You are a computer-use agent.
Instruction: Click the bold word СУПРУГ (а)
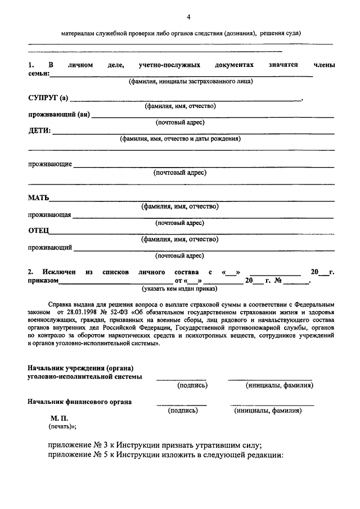pos(48,98)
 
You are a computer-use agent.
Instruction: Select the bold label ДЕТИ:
pos(39,131)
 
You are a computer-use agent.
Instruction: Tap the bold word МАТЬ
pos(39,198)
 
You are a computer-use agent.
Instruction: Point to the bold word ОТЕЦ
pos(39,231)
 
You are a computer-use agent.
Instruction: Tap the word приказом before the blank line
pos(43,280)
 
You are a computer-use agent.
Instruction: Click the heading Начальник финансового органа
pos(80,402)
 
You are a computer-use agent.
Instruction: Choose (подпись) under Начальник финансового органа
pos(183,411)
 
